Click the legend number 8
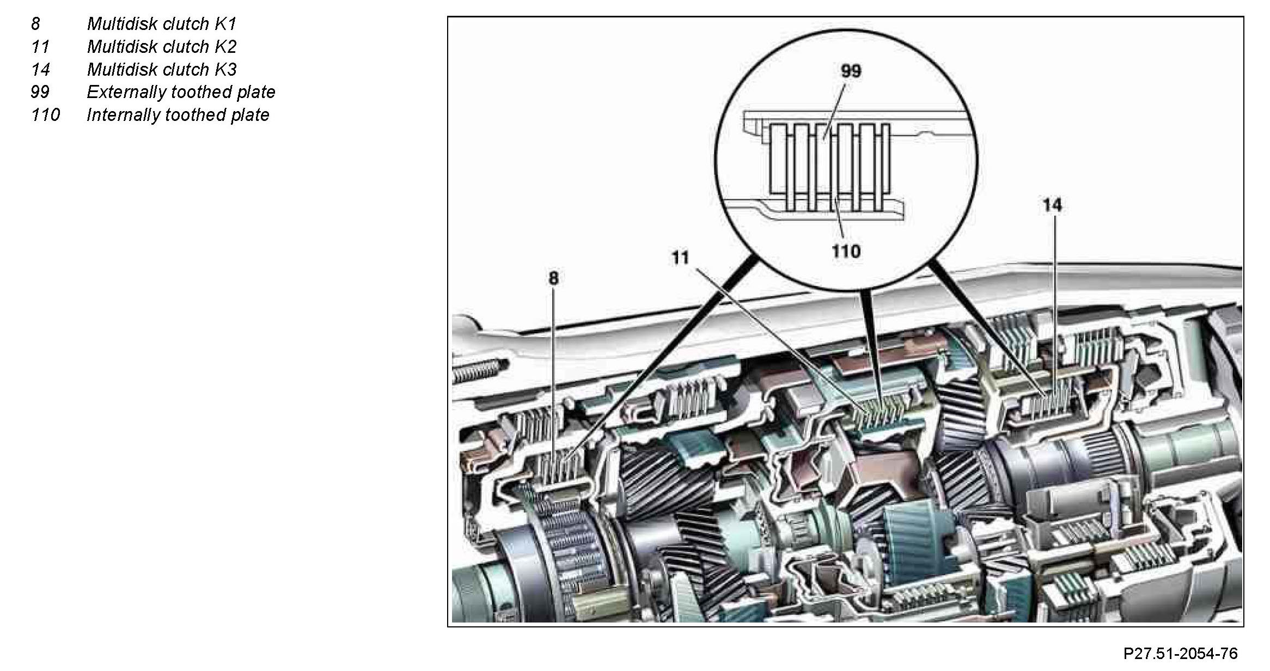(x=35, y=24)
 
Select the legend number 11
(x=40, y=47)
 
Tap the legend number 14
(x=40, y=70)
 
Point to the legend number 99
(x=40, y=92)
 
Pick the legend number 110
(x=45, y=115)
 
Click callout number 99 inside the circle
(x=851, y=71)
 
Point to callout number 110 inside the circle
(x=846, y=252)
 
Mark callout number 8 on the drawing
(x=553, y=278)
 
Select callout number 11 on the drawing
(x=680, y=258)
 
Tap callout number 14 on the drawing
(x=1052, y=205)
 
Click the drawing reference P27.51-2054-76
(x=1181, y=654)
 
